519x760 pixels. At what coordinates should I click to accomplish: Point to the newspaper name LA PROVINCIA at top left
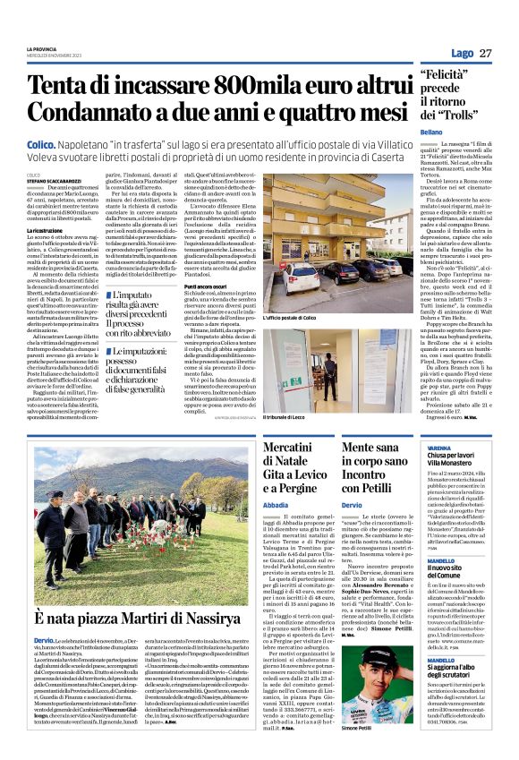42,48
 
